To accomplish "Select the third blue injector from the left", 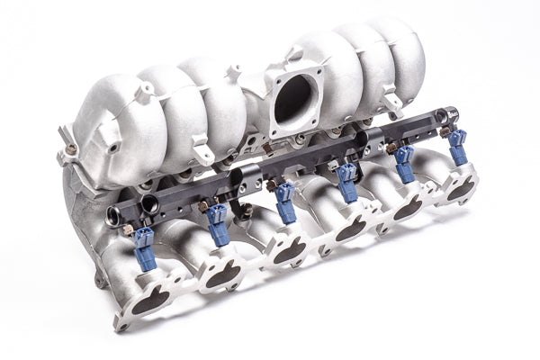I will coord(286,206).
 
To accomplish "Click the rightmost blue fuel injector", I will coord(458,147).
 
